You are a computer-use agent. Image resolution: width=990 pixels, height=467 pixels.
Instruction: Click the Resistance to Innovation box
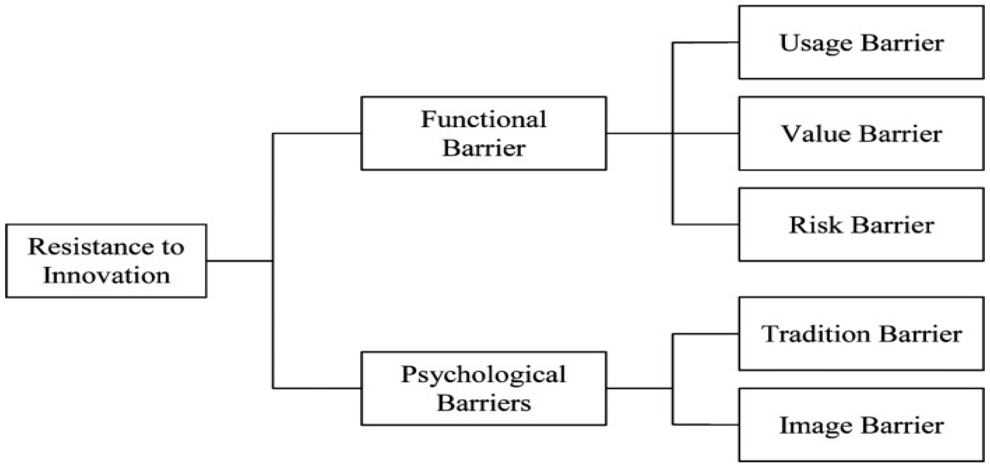coord(106,261)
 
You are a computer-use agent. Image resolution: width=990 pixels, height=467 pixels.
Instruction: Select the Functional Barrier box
coord(483,133)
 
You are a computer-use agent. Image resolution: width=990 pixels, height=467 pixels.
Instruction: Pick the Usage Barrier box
coord(861,42)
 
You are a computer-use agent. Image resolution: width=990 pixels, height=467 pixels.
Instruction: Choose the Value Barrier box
coord(861,133)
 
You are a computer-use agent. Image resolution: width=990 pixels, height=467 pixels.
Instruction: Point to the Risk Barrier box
coord(861,225)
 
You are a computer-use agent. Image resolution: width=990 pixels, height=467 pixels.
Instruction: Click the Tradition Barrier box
coord(861,334)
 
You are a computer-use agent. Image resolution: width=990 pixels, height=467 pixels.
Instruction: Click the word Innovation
coord(106,276)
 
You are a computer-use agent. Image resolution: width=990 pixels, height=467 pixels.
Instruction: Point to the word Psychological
coord(483,374)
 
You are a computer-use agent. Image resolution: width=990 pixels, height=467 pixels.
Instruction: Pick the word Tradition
coord(815,334)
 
